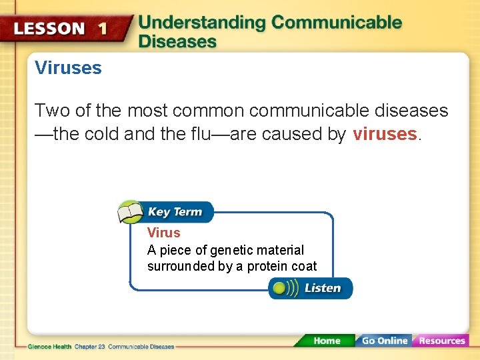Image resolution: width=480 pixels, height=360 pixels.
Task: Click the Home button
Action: (x=326, y=341)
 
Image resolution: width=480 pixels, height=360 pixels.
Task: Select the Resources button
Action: (x=441, y=341)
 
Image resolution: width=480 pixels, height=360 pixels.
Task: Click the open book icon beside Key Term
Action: (x=131, y=212)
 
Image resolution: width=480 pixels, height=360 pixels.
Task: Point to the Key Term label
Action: (x=175, y=212)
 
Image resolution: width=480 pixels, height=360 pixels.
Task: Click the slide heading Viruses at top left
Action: (x=68, y=68)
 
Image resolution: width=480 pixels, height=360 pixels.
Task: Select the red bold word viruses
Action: (x=385, y=134)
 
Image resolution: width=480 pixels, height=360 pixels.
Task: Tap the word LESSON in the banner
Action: (x=50, y=29)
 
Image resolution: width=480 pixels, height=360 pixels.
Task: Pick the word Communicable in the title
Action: (x=337, y=22)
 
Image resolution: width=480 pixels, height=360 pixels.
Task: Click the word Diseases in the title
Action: (x=177, y=41)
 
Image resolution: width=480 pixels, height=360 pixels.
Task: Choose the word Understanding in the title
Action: (x=202, y=22)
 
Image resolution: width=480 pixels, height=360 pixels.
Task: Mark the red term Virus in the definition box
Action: (x=163, y=233)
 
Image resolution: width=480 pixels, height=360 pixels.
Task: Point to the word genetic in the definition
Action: (x=230, y=250)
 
